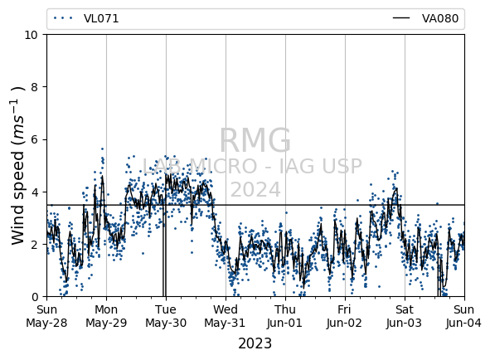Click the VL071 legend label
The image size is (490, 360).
pyautogui.click(x=101, y=18)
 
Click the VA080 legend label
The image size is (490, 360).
pyautogui.click(x=440, y=18)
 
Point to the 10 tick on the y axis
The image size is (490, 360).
pyautogui.click(x=32, y=35)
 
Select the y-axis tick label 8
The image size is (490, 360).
pyautogui.click(x=34, y=87)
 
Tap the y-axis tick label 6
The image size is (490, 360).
pyautogui.click(x=34, y=139)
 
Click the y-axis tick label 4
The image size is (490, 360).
pyautogui.click(x=34, y=192)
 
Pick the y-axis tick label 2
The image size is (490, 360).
pyautogui.click(x=34, y=244)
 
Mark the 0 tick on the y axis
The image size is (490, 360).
pyautogui.click(x=34, y=297)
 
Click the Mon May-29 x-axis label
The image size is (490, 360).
pyautogui.click(x=106, y=316)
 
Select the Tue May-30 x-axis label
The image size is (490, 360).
pyautogui.click(x=166, y=316)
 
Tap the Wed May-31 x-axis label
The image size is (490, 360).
pyautogui.click(x=226, y=316)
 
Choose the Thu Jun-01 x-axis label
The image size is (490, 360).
pyautogui.click(x=285, y=316)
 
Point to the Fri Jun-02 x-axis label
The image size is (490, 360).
pyautogui.click(x=344, y=316)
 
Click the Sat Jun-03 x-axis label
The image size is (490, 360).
pyautogui.click(x=405, y=316)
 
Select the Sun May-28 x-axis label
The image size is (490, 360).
pyautogui.click(x=46, y=316)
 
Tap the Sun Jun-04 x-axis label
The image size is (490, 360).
pyautogui.click(x=464, y=316)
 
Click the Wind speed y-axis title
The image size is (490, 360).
pyautogui.click(x=17, y=166)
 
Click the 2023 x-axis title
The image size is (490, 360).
pyautogui.click(x=255, y=343)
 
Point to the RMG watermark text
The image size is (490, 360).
pyautogui.click(x=255, y=140)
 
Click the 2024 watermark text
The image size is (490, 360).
pyautogui.click(x=255, y=190)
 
